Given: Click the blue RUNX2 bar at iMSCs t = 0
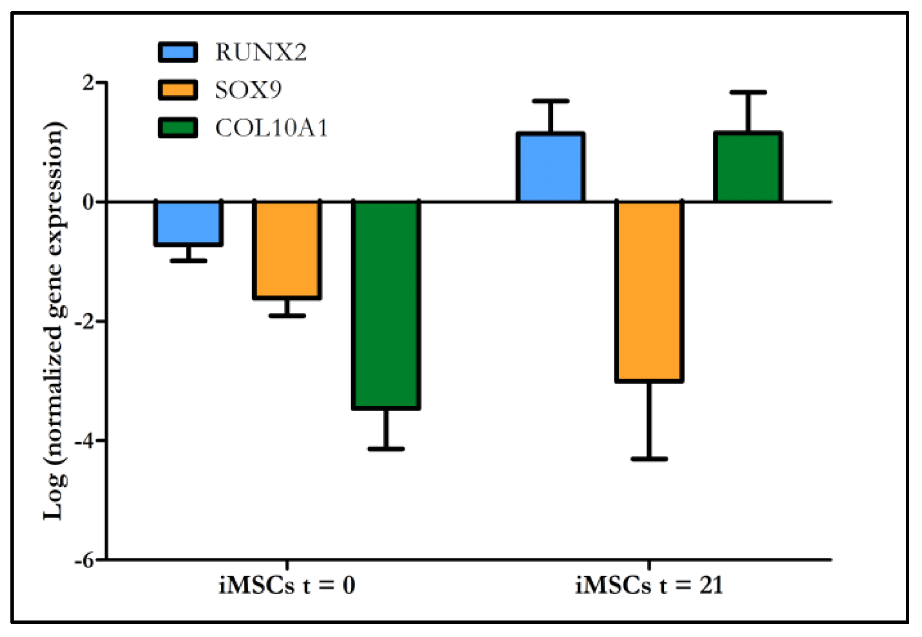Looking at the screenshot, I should [x=188, y=223].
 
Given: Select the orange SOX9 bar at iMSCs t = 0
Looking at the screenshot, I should [x=287, y=250].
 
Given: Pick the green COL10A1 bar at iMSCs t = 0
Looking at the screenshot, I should [x=386, y=305].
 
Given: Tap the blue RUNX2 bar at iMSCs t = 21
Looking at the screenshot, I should [x=550, y=168].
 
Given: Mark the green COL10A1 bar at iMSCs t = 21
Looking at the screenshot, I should [x=748, y=167].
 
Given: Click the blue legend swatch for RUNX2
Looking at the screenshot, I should [x=178, y=52].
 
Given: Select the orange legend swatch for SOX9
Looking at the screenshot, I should [x=178, y=90].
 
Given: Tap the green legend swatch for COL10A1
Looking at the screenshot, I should [x=178, y=127].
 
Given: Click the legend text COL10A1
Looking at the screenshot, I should [x=271, y=128].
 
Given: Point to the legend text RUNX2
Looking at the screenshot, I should [x=261, y=52].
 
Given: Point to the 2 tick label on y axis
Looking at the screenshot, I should [x=88, y=83].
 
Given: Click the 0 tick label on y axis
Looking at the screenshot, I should [x=88, y=202].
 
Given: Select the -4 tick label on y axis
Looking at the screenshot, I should [x=85, y=441].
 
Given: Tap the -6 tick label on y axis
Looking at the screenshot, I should [x=85, y=560].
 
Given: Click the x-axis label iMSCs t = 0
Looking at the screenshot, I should [x=287, y=586].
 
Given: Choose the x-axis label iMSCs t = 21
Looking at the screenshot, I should [x=649, y=586].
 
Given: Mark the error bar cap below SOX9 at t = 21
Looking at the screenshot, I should [x=649, y=459].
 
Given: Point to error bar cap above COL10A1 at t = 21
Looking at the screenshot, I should [x=748, y=92].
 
